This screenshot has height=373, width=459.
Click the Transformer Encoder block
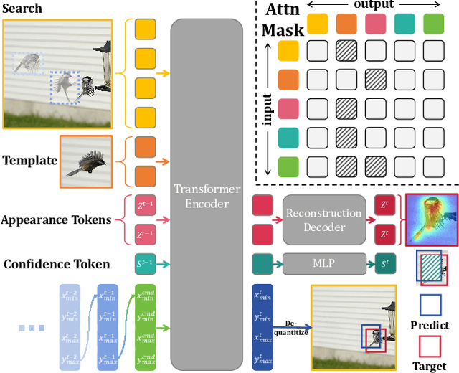coord(206,194)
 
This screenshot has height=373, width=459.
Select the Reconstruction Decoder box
coord(324,220)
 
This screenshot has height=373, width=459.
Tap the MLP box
coord(324,263)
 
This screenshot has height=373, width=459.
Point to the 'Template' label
coord(30,160)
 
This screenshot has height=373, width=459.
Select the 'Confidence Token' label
coord(57,264)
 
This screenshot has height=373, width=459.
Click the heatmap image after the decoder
coord(431,219)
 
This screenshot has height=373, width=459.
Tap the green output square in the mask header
coord(432,24)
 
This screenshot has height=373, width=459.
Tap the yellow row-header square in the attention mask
coord(288,52)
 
